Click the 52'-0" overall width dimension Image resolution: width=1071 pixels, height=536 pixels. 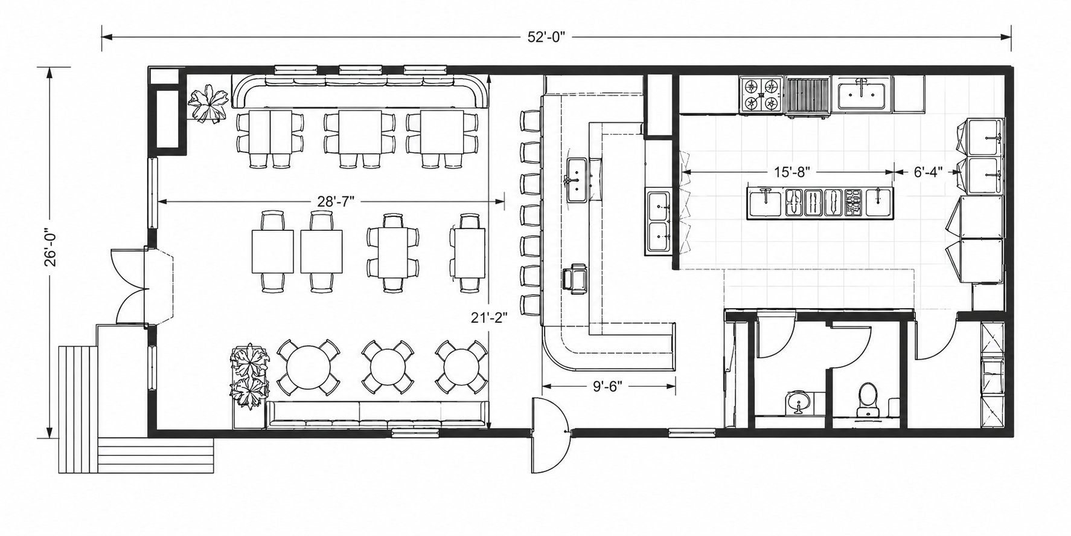pyautogui.click(x=546, y=37)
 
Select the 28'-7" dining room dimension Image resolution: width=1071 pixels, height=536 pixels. pyautogui.click(x=331, y=201)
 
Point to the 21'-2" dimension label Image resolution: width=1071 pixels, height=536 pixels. pyautogui.click(x=489, y=317)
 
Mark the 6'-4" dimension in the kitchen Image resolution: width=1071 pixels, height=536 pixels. pyautogui.click(x=927, y=172)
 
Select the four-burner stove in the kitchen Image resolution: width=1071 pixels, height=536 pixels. pyautogui.click(x=761, y=95)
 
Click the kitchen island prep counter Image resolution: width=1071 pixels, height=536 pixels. pyautogui.click(x=820, y=202)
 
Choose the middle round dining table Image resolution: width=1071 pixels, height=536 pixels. pyautogui.click(x=388, y=366)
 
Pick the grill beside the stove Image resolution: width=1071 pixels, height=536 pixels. pyautogui.click(x=808, y=95)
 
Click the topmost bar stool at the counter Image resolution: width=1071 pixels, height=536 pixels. pyautogui.click(x=531, y=120)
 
